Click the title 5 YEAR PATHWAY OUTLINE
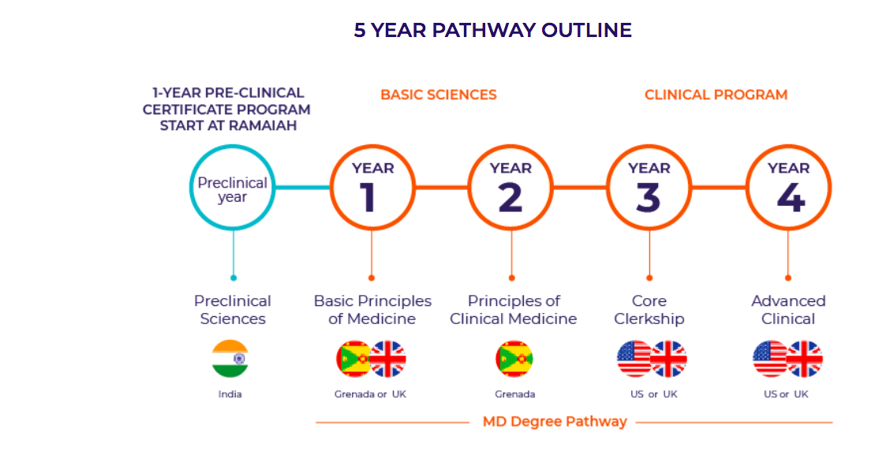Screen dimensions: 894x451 click(492, 30)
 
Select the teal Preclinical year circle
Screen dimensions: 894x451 click(233, 147)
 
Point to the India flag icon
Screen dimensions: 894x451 click(230, 359)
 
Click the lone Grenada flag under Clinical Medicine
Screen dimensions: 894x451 click(514, 359)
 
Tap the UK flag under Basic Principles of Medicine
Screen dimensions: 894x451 click(388, 359)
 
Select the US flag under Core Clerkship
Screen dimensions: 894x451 click(634, 359)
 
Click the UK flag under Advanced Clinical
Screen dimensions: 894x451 click(805, 359)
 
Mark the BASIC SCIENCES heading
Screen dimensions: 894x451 click(439, 95)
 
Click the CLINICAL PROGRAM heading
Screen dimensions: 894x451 click(716, 95)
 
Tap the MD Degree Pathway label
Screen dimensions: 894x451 click(555, 422)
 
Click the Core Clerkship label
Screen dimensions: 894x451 click(649, 310)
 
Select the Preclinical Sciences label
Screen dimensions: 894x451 click(233, 310)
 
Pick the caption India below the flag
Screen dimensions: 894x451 click(230, 394)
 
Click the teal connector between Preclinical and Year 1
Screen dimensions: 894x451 click(303, 187)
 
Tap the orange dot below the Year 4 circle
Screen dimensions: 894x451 click(788, 278)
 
